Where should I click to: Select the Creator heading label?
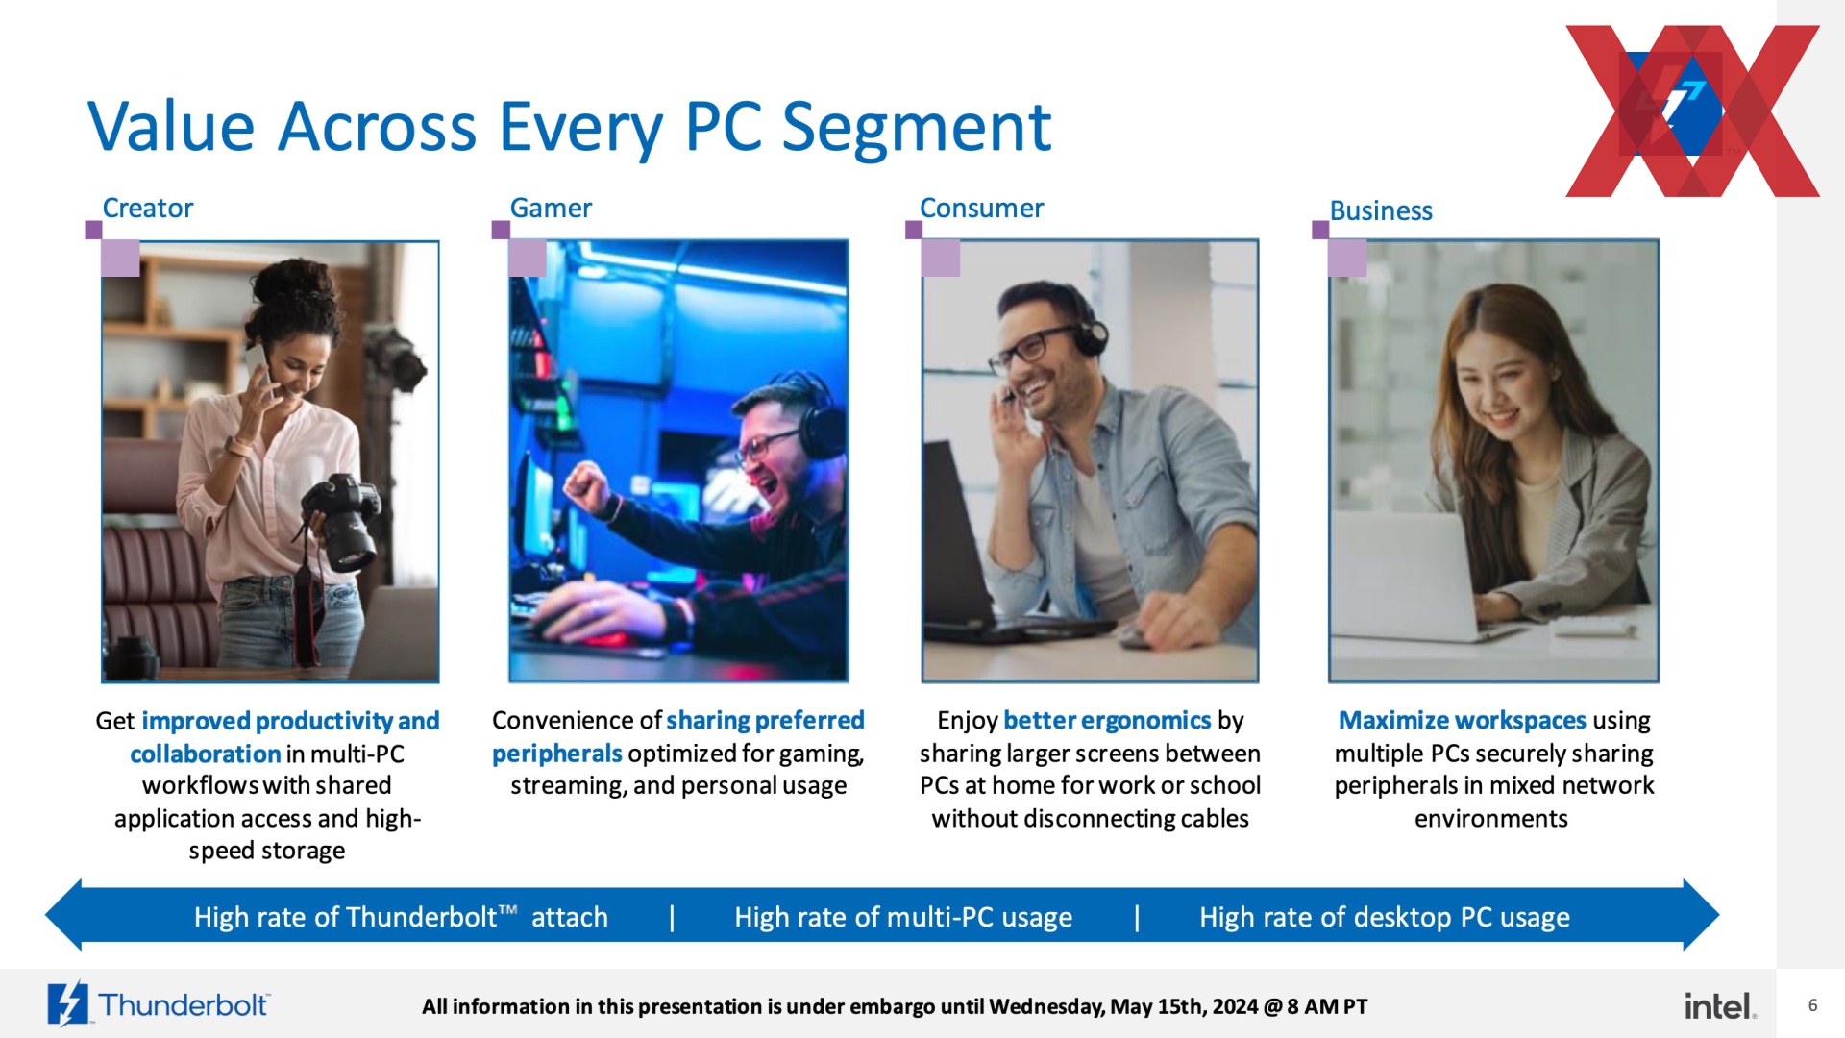pos(148,208)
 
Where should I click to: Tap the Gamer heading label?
pos(551,208)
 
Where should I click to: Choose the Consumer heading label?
pos(981,208)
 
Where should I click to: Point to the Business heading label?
pos(1381,210)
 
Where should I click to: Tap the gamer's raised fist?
pos(586,486)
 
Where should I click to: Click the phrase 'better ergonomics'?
pos(1107,720)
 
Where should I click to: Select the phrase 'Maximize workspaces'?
pos(1462,720)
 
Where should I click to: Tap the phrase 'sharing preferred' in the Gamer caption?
pos(765,720)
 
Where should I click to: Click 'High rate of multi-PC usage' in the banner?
pos(903,917)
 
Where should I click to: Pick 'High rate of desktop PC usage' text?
pos(1385,917)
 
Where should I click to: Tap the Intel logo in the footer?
pos(1720,1005)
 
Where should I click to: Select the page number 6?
pos(1812,1005)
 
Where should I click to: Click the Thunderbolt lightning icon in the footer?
pos(67,1004)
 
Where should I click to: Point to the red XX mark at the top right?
pos(1693,111)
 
